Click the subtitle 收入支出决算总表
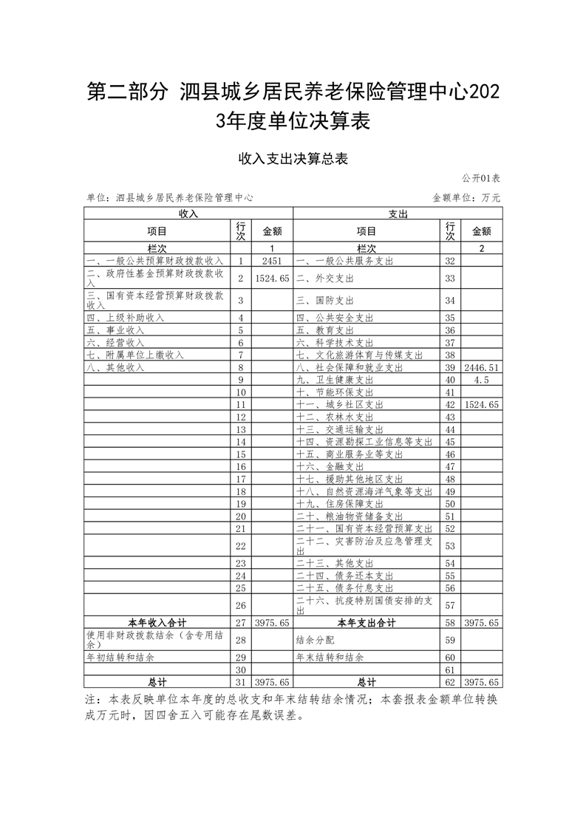[x=293, y=158]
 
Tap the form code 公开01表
[x=481, y=179]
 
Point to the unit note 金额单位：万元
[x=466, y=198]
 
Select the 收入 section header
[x=188, y=214]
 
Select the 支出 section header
[x=398, y=214]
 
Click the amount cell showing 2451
[x=272, y=261]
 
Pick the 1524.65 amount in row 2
[x=272, y=279]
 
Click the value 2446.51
[x=481, y=367]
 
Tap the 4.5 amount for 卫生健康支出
[x=481, y=380]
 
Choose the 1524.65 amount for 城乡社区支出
[x=481, y=405]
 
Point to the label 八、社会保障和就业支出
[x=350, y=367]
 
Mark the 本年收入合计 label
[x=157, y=623]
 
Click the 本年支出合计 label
[x=367, y=623]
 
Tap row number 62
[x=449, y=682]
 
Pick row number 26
[x=240, y=606]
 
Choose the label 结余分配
[x=314, y=640]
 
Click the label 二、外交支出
[x=325, y=279]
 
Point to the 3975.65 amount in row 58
[x=481, y=623]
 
